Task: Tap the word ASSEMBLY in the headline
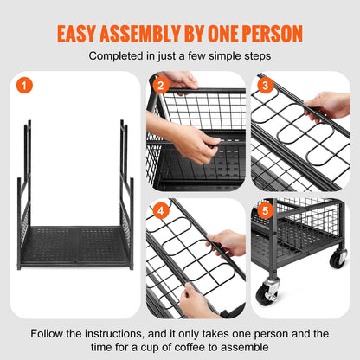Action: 158,34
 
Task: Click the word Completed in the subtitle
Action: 117,56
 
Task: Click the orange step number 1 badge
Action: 24,85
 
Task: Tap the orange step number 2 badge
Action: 159,85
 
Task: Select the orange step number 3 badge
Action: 265,85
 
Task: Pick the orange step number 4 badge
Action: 159,210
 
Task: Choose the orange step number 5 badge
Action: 265,210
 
